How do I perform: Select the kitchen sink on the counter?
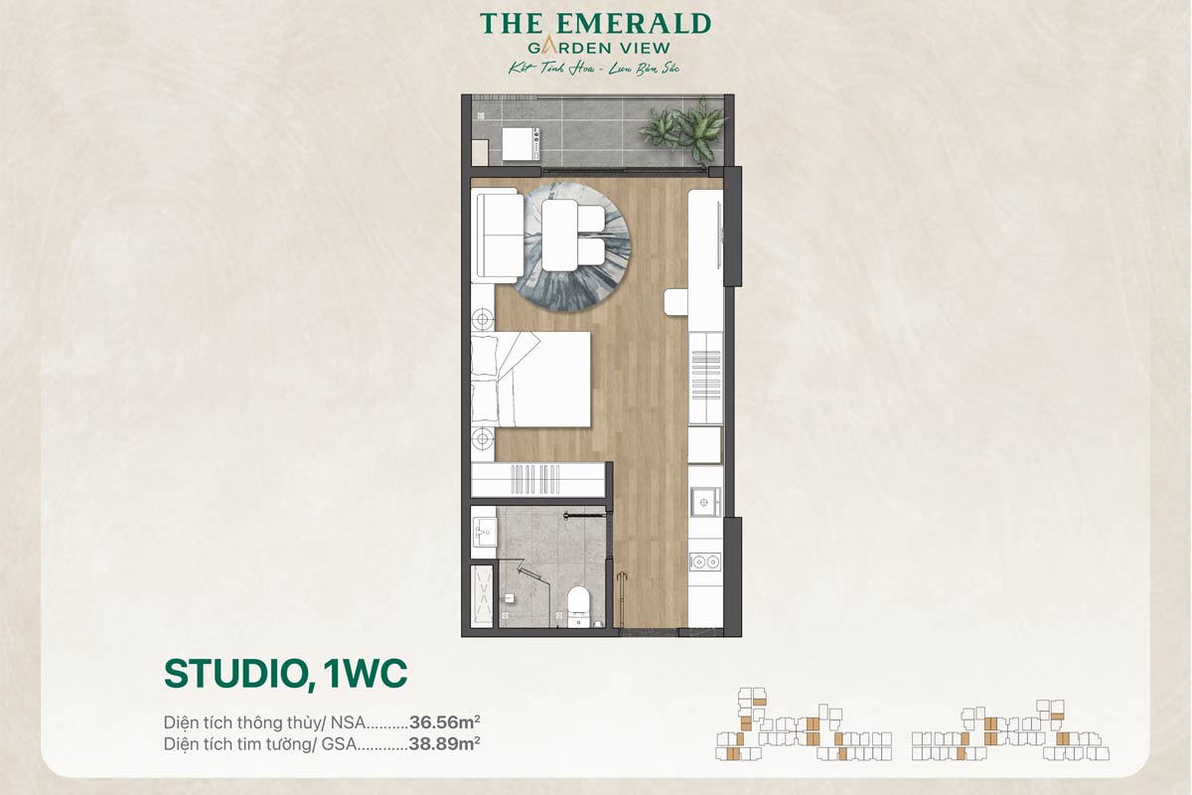tap(705, 502)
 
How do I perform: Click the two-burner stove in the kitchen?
tap(705, 561)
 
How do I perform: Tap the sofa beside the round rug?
tap(500, 236)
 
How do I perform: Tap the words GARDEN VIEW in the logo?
tap(596, 46)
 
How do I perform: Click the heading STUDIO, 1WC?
tap(286, 673)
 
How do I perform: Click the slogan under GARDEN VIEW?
tap(595, 67)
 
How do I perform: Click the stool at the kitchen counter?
tap(676, 301)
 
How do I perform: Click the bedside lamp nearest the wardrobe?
tap(483, 438)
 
